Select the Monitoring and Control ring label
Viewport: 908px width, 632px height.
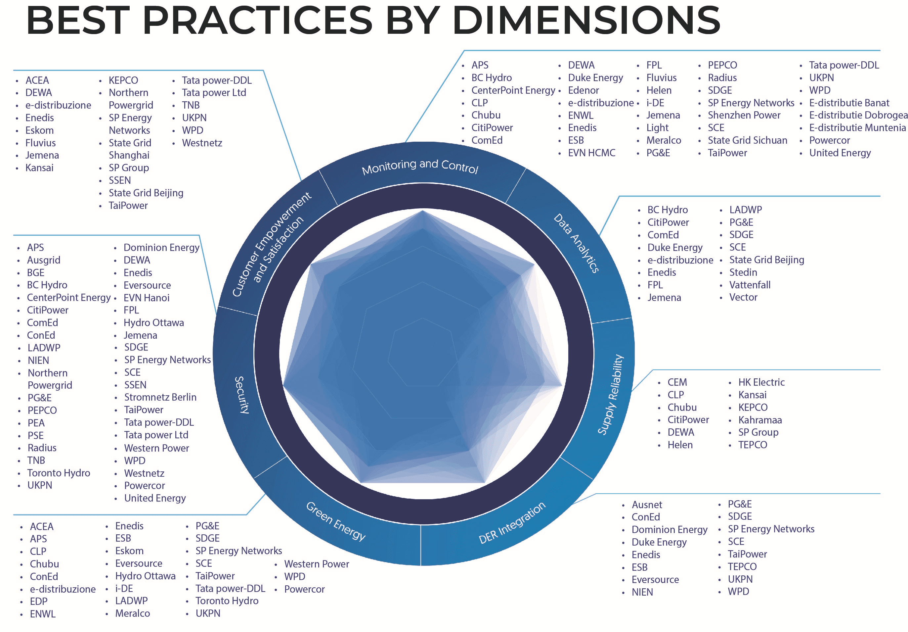pos(420,167)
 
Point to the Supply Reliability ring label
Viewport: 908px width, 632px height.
pos(611,395)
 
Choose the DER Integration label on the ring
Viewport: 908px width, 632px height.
pos(512,523)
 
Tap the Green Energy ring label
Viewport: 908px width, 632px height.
pos(336,521)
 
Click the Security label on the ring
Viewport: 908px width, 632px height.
pos(241,395)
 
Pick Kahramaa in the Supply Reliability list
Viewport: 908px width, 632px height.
pos(760,420)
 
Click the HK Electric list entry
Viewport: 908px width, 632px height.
pos(761,382)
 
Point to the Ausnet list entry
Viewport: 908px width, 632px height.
pos(647,505)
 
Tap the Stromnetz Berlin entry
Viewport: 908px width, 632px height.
pos(160,397)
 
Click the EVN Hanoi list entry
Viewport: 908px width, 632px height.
pos(146,298)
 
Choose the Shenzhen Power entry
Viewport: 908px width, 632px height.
pos(744,115)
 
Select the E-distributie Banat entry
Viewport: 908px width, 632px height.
pos(849,103)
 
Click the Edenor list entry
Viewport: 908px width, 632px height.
pos(583,90)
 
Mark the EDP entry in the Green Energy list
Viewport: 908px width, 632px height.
pos(39,602)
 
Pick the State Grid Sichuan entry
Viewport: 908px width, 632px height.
pos(748,140)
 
